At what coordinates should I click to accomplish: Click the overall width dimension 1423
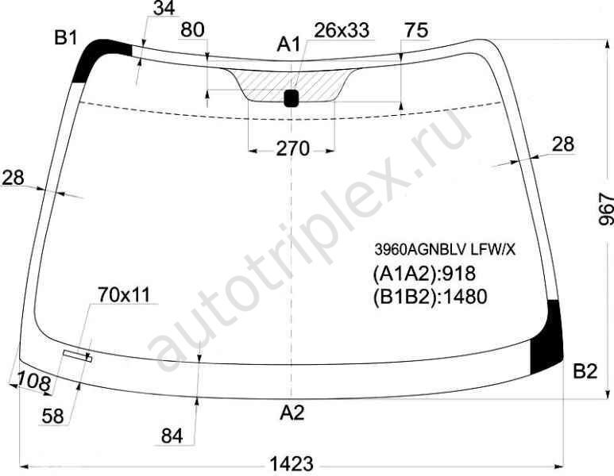pos(292,464)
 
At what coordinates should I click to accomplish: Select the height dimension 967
pos(606,209)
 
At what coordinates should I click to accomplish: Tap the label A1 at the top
pos(288,44)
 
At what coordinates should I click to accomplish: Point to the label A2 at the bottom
pos(292,413)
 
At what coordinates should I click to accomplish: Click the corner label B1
pos(66,37)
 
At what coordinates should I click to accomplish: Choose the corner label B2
pos(585,370)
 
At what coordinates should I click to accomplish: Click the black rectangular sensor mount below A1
pos(291,98)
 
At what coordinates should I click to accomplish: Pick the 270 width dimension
pos(292,149)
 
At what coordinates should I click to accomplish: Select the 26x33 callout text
pos(342,30)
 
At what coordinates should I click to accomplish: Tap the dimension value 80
pos(193,29)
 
